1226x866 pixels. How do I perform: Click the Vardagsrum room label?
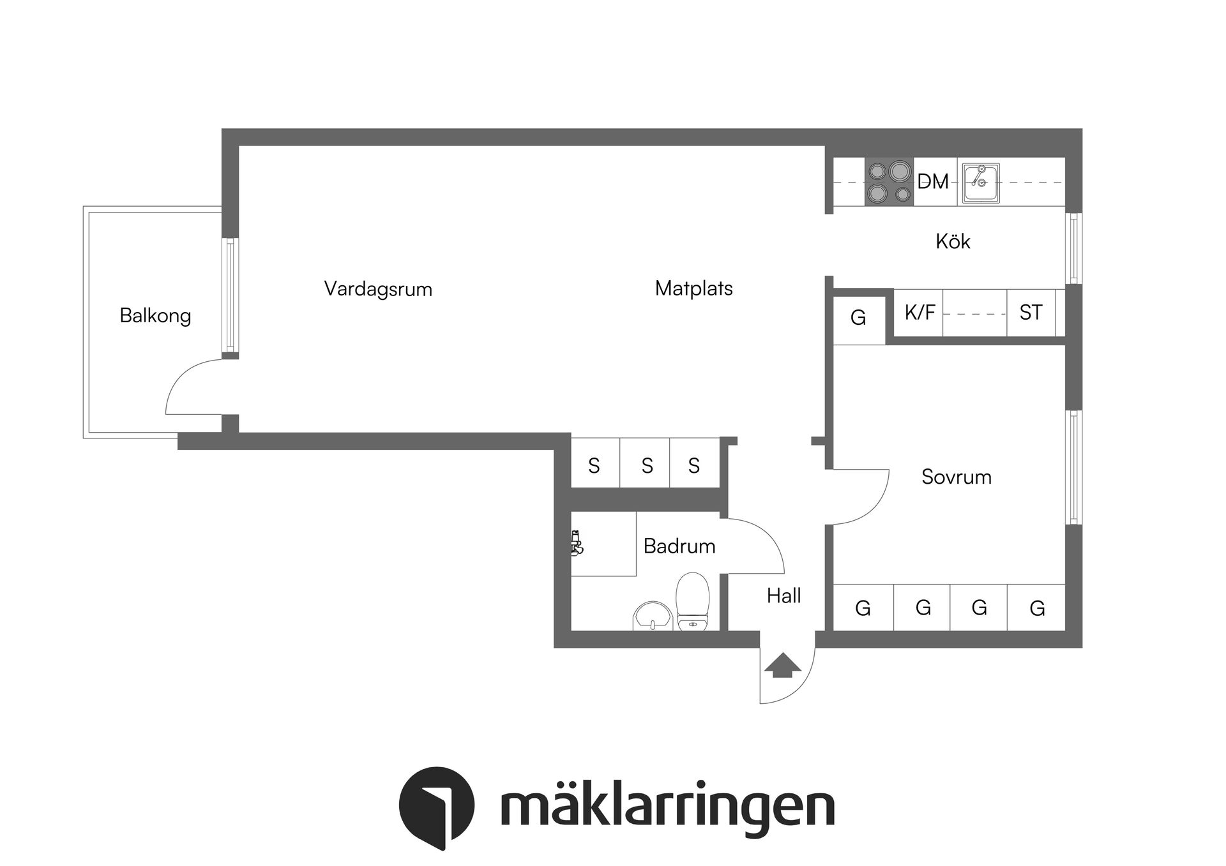coord(378,289)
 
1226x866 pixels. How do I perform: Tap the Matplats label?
coord(693,288)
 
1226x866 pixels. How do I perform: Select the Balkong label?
coord(155,316)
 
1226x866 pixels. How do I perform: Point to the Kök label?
coord(953,241)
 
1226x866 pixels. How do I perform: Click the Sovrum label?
coord(956,477)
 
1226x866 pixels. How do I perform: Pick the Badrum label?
coord(679,546)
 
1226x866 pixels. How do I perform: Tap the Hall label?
coord(783,596)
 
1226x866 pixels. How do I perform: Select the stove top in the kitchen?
coord(889,182)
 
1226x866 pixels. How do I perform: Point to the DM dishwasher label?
coord(933,182)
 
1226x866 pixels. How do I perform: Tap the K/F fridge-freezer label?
coord(919,312)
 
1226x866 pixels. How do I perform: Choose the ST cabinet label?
coord(1031,313)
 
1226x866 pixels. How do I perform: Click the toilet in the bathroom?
coord(692,602)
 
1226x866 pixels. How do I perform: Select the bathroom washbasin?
coord(651,616)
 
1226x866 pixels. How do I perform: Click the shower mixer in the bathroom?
coord(577,543)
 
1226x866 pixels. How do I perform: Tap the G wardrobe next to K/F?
coord(858,317)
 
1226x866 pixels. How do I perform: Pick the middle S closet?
coord(647,466)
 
